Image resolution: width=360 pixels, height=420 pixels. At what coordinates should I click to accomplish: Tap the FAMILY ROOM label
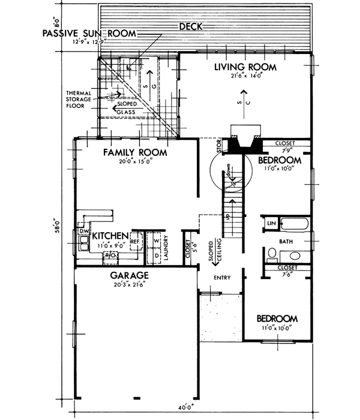pos(134,152)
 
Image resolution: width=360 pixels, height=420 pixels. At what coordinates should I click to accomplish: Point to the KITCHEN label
pos(109,236)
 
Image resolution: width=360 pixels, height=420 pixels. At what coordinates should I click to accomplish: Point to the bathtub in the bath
pos(294,226)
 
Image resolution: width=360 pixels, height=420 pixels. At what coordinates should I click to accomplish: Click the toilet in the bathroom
pos(271,254)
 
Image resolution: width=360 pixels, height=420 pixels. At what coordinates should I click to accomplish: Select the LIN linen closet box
pos(269,223)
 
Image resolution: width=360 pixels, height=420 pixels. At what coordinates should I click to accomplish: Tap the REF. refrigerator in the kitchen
pos(135,241)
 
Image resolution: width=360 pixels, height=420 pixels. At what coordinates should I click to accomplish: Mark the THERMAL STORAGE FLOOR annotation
pos(80,101)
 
